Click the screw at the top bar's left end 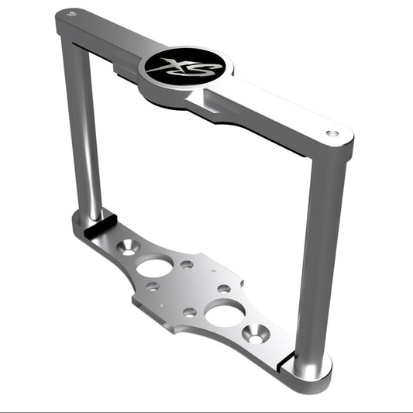(71, 14)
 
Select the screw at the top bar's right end (332, 133)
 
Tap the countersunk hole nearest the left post (129, 248)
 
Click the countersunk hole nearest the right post (256, 334)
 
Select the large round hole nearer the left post (154, 266)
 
